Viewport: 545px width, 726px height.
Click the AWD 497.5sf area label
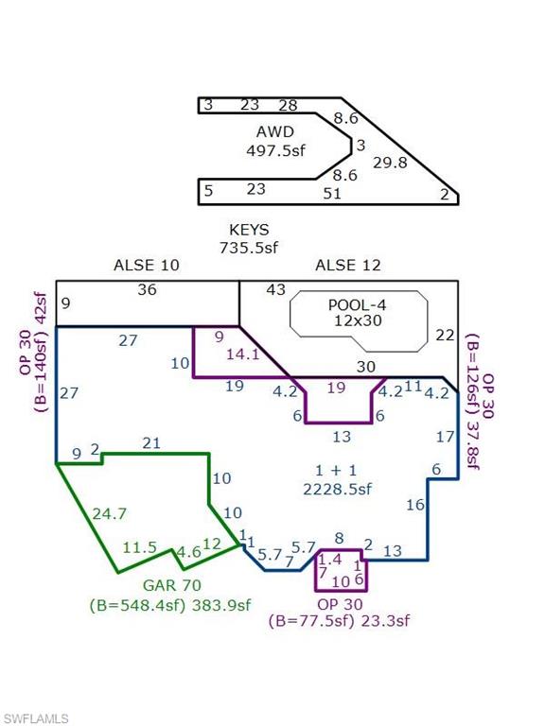point(275,141)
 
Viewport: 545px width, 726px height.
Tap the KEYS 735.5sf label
point(249,238)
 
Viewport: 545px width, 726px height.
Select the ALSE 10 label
point(147,265)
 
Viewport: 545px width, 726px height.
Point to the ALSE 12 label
point(348,265)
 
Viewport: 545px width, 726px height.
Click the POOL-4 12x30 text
point(358,313)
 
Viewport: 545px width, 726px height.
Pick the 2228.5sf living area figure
point(338,489)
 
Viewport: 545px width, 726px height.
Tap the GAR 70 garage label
point(172,585)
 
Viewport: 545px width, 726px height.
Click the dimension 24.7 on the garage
point(110,513)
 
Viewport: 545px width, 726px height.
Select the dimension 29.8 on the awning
point(390,163)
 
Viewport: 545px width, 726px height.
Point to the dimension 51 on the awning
point(332,193)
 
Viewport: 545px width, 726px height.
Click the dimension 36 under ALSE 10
point(147,289)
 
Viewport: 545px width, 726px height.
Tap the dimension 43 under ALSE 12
point(275,289)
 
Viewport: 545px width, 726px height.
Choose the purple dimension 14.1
point(243,354)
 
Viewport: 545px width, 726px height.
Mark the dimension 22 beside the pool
point(445,335)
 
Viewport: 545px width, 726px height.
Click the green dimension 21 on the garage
point(151,443)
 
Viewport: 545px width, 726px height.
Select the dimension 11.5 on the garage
point(139,547)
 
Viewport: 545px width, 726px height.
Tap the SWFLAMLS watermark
point(34,718)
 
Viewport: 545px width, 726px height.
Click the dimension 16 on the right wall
point(415,504)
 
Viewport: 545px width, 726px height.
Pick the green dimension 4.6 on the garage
point(188,552)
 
